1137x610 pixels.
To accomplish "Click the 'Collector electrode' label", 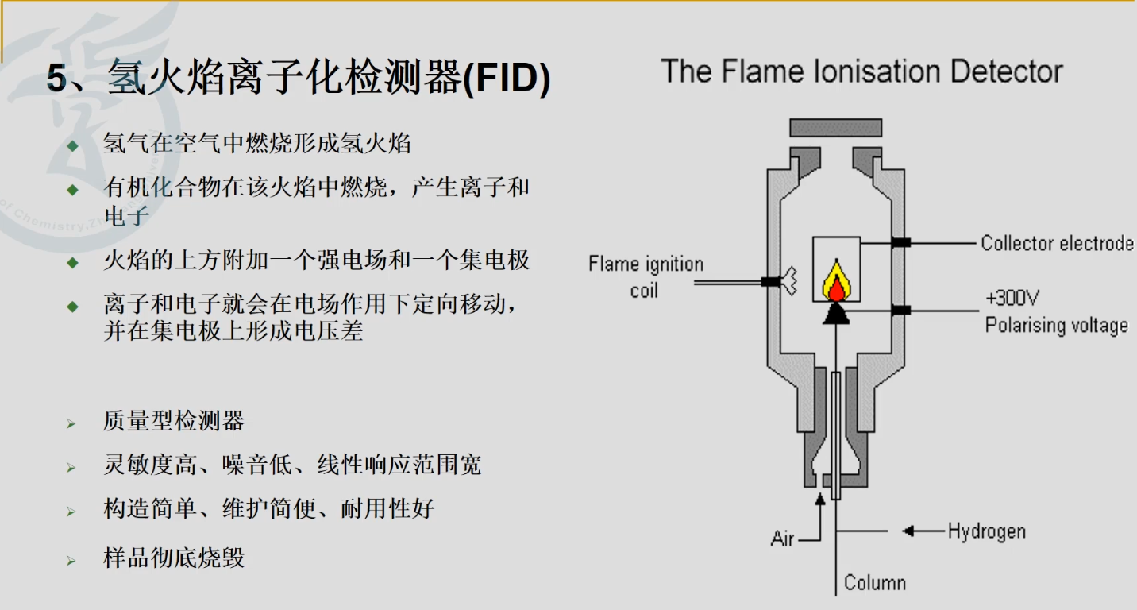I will click(x=1057, y=243).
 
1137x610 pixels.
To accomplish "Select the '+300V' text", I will click(x=1012, y=299).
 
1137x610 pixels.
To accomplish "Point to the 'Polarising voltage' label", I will click(x=1056, y=326).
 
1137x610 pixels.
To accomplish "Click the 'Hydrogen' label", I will click(x=986, y=531).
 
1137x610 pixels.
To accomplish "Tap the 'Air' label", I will click(x=782, y=539).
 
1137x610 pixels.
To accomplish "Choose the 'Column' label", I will click(x=874, y=583).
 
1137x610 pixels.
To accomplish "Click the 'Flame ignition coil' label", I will click(x=646, y=276).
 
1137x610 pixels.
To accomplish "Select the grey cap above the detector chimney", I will click(x=835, y=128).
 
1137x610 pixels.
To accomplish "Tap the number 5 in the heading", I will click(x=56, y=79).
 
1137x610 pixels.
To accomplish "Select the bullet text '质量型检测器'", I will click(x=173, y=421).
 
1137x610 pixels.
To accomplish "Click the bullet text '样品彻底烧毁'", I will click(x=173, y=558).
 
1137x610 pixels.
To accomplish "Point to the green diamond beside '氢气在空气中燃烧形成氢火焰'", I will click(x=73, y=145).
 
